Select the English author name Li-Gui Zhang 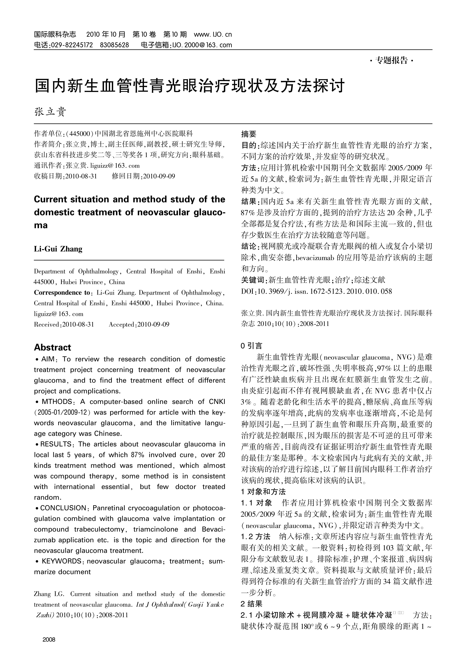click(x=58, y=249)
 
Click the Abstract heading click(x=53, y=347)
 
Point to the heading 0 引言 click(x=251, y=346)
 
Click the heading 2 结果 click(x=251, y=604)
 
